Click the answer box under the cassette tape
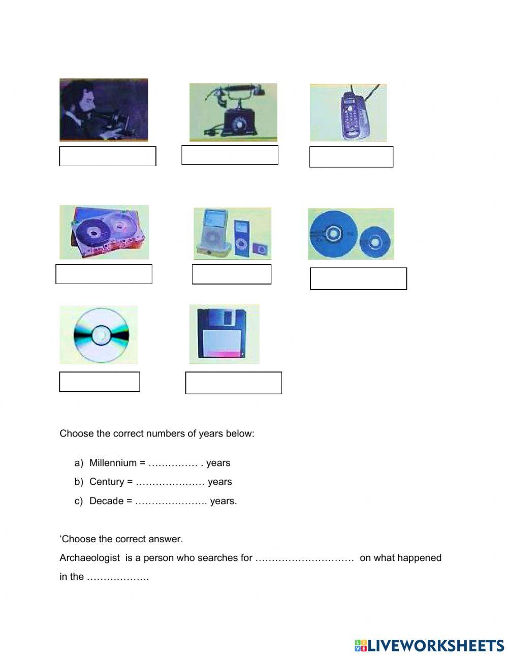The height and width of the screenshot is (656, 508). point(104,274)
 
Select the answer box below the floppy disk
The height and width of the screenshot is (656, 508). point(233,383)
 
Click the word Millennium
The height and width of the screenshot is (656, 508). point(113,463)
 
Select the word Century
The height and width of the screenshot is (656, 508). point(107,482)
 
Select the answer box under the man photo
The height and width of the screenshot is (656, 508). point(108,156)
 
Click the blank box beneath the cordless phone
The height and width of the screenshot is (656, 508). point(351,157)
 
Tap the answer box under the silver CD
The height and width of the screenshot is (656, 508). point(100,382)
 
